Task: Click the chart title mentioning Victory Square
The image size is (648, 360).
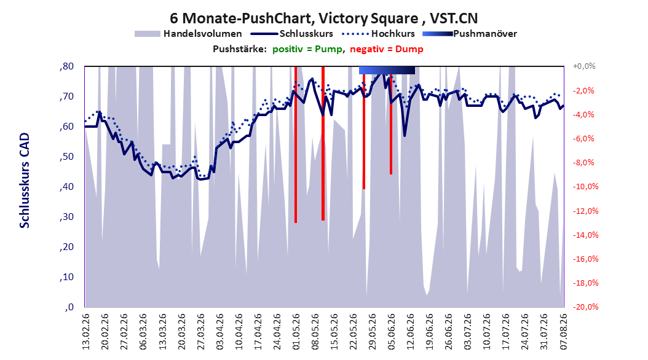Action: point(323,18)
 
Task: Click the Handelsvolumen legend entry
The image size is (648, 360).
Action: point(188,34)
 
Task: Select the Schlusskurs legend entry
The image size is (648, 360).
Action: point(292,34)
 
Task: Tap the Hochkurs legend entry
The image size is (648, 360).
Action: point(378,34)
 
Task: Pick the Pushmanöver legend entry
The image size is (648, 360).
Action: point(470,34)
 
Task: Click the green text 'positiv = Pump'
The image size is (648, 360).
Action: point(307,49)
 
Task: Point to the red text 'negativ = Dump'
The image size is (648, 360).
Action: point(387,49)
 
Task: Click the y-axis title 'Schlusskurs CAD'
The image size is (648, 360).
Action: point(25,181)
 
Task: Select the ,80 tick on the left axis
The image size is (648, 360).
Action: point(66,66)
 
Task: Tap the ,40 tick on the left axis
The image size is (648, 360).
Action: point(66,187)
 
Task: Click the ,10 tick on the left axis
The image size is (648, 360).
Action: point(66,277)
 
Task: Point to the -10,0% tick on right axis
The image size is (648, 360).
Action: point(585,187)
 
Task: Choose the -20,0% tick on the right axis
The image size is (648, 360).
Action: point(585,307)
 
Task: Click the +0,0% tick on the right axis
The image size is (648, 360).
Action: point(584,66)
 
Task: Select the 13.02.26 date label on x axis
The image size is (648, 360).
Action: point(86,332)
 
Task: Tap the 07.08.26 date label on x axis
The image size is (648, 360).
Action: point(564,332)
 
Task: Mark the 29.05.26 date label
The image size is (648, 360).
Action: point(373,332)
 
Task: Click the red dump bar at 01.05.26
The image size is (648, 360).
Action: point(296,144)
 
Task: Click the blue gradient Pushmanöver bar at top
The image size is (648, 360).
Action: point(387,70)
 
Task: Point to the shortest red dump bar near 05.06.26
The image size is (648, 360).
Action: point(391,120)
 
